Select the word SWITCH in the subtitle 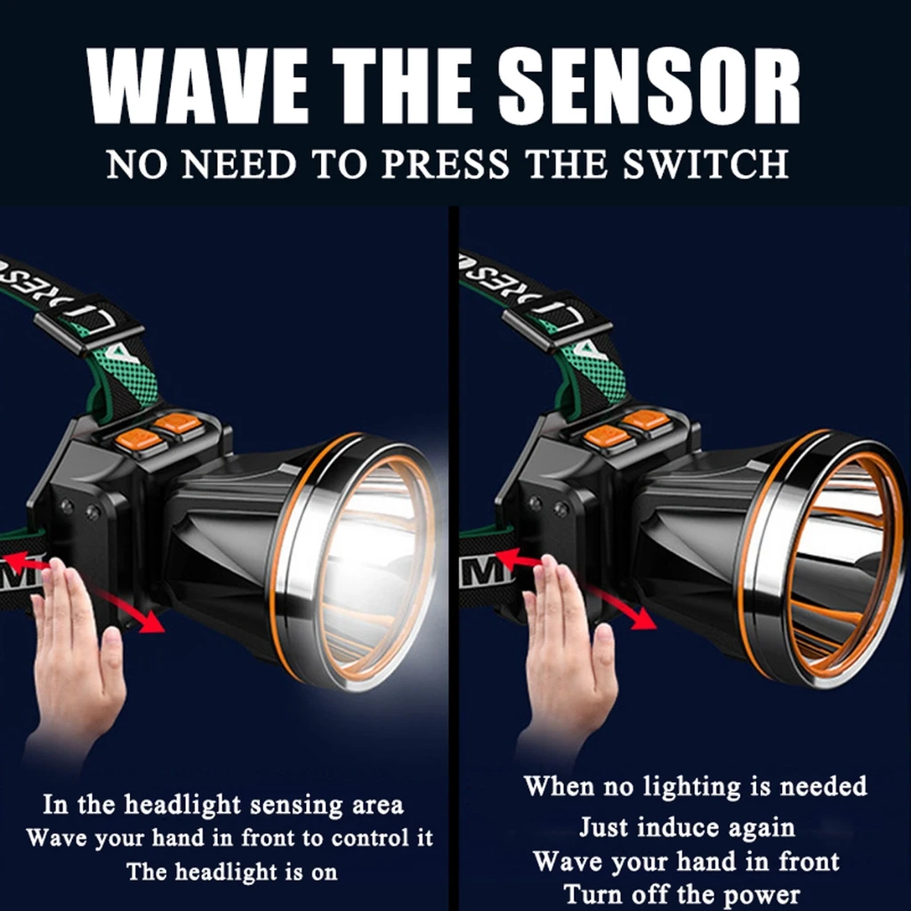click(705, 164)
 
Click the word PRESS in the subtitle click(445, 164)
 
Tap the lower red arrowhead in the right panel click(644, 618)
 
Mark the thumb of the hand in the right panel click(602, 654)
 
